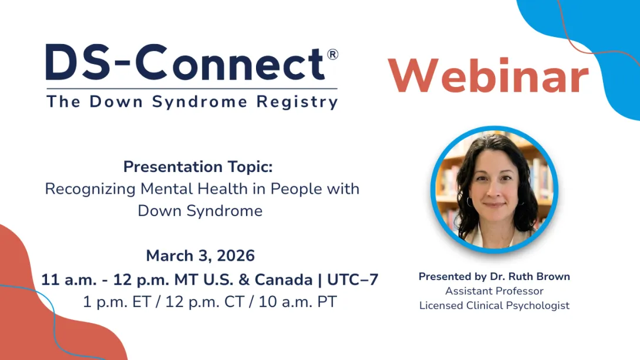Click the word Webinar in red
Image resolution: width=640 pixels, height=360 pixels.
pos(488,76)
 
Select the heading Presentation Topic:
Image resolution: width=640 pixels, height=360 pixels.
pos(198,167)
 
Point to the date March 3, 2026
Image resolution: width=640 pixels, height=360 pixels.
pos(200,256)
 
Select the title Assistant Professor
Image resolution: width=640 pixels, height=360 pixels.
pos(494,291)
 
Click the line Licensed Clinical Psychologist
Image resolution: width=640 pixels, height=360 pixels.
pos(494,306)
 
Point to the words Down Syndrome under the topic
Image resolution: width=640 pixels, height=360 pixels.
pos(200,211)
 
